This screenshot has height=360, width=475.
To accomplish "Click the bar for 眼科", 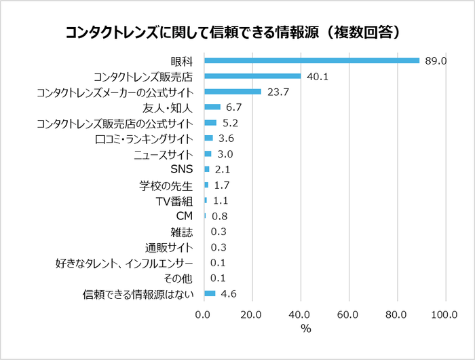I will pyautogui.click(x=311, y=60).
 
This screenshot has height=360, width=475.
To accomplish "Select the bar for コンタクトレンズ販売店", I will pyautogui.click(x=252, y=76).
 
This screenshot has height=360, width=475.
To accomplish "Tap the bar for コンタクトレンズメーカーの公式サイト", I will pyautogui.click(x=233, y=92).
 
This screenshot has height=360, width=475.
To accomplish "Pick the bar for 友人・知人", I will pyautogui.click(x=212, y=107).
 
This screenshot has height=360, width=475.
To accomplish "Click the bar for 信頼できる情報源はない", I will pyautogui.click(x=210, y=293).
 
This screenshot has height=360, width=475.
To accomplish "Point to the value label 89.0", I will pyautogui.click(x=435, y=61).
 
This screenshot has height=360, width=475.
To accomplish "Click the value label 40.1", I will pyautogui.click(x=318, y=77).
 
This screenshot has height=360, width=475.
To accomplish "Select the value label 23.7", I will pyautogui.click(x=278, y=92).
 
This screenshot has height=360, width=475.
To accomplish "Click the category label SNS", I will pyautogui.click(x=183, y=169).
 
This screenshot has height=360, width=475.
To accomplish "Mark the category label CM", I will pyautogui.click(x=185, y=216).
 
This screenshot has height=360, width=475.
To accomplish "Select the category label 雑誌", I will pyautogui.click(x=182, y=232).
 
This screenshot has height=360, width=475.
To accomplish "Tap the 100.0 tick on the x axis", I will pyautogui.click(x=444, y=315).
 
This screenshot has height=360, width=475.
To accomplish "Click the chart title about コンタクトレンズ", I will pyautogui.click(x=237, y=32).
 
